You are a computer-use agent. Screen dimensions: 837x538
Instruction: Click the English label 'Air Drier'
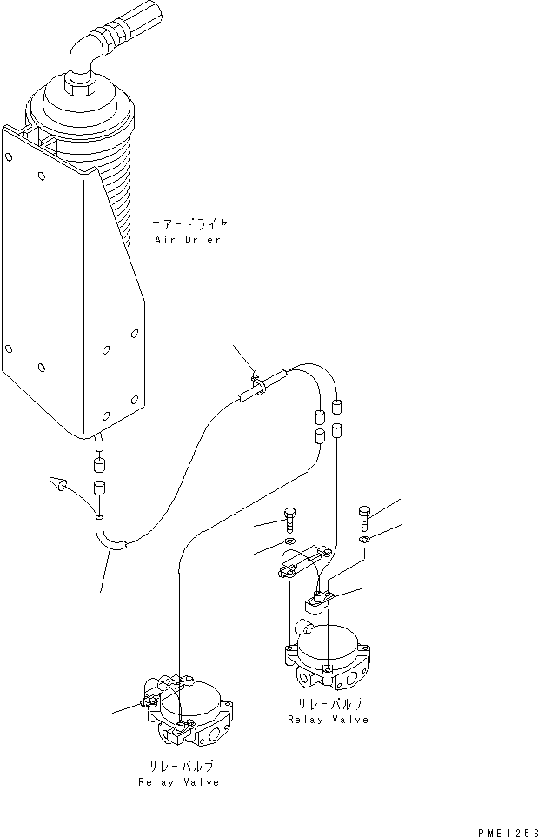pyautogui.click(x=187, y=239)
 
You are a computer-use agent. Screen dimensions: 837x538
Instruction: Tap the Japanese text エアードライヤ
pyautogui.click(x=189, y=224)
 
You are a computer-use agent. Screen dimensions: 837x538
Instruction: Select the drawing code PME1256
pyautogui.click(x=507, y=829)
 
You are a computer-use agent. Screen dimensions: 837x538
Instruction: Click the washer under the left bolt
pyautogui.click(x=289, y=546)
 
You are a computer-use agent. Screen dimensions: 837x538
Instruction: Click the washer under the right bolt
pyautogui.click(x=365, y=543)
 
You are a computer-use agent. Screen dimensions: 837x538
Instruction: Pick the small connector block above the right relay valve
pyautogui.click(x=317, y=599)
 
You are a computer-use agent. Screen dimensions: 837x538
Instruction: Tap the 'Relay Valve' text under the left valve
pyautogui.click(x=178, y=782)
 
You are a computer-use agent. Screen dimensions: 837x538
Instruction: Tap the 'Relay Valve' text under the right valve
pyautogui.click(x=328, y=720)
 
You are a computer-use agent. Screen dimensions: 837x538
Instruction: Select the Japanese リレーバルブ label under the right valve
pyautogui.click(x=328, y=704)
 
